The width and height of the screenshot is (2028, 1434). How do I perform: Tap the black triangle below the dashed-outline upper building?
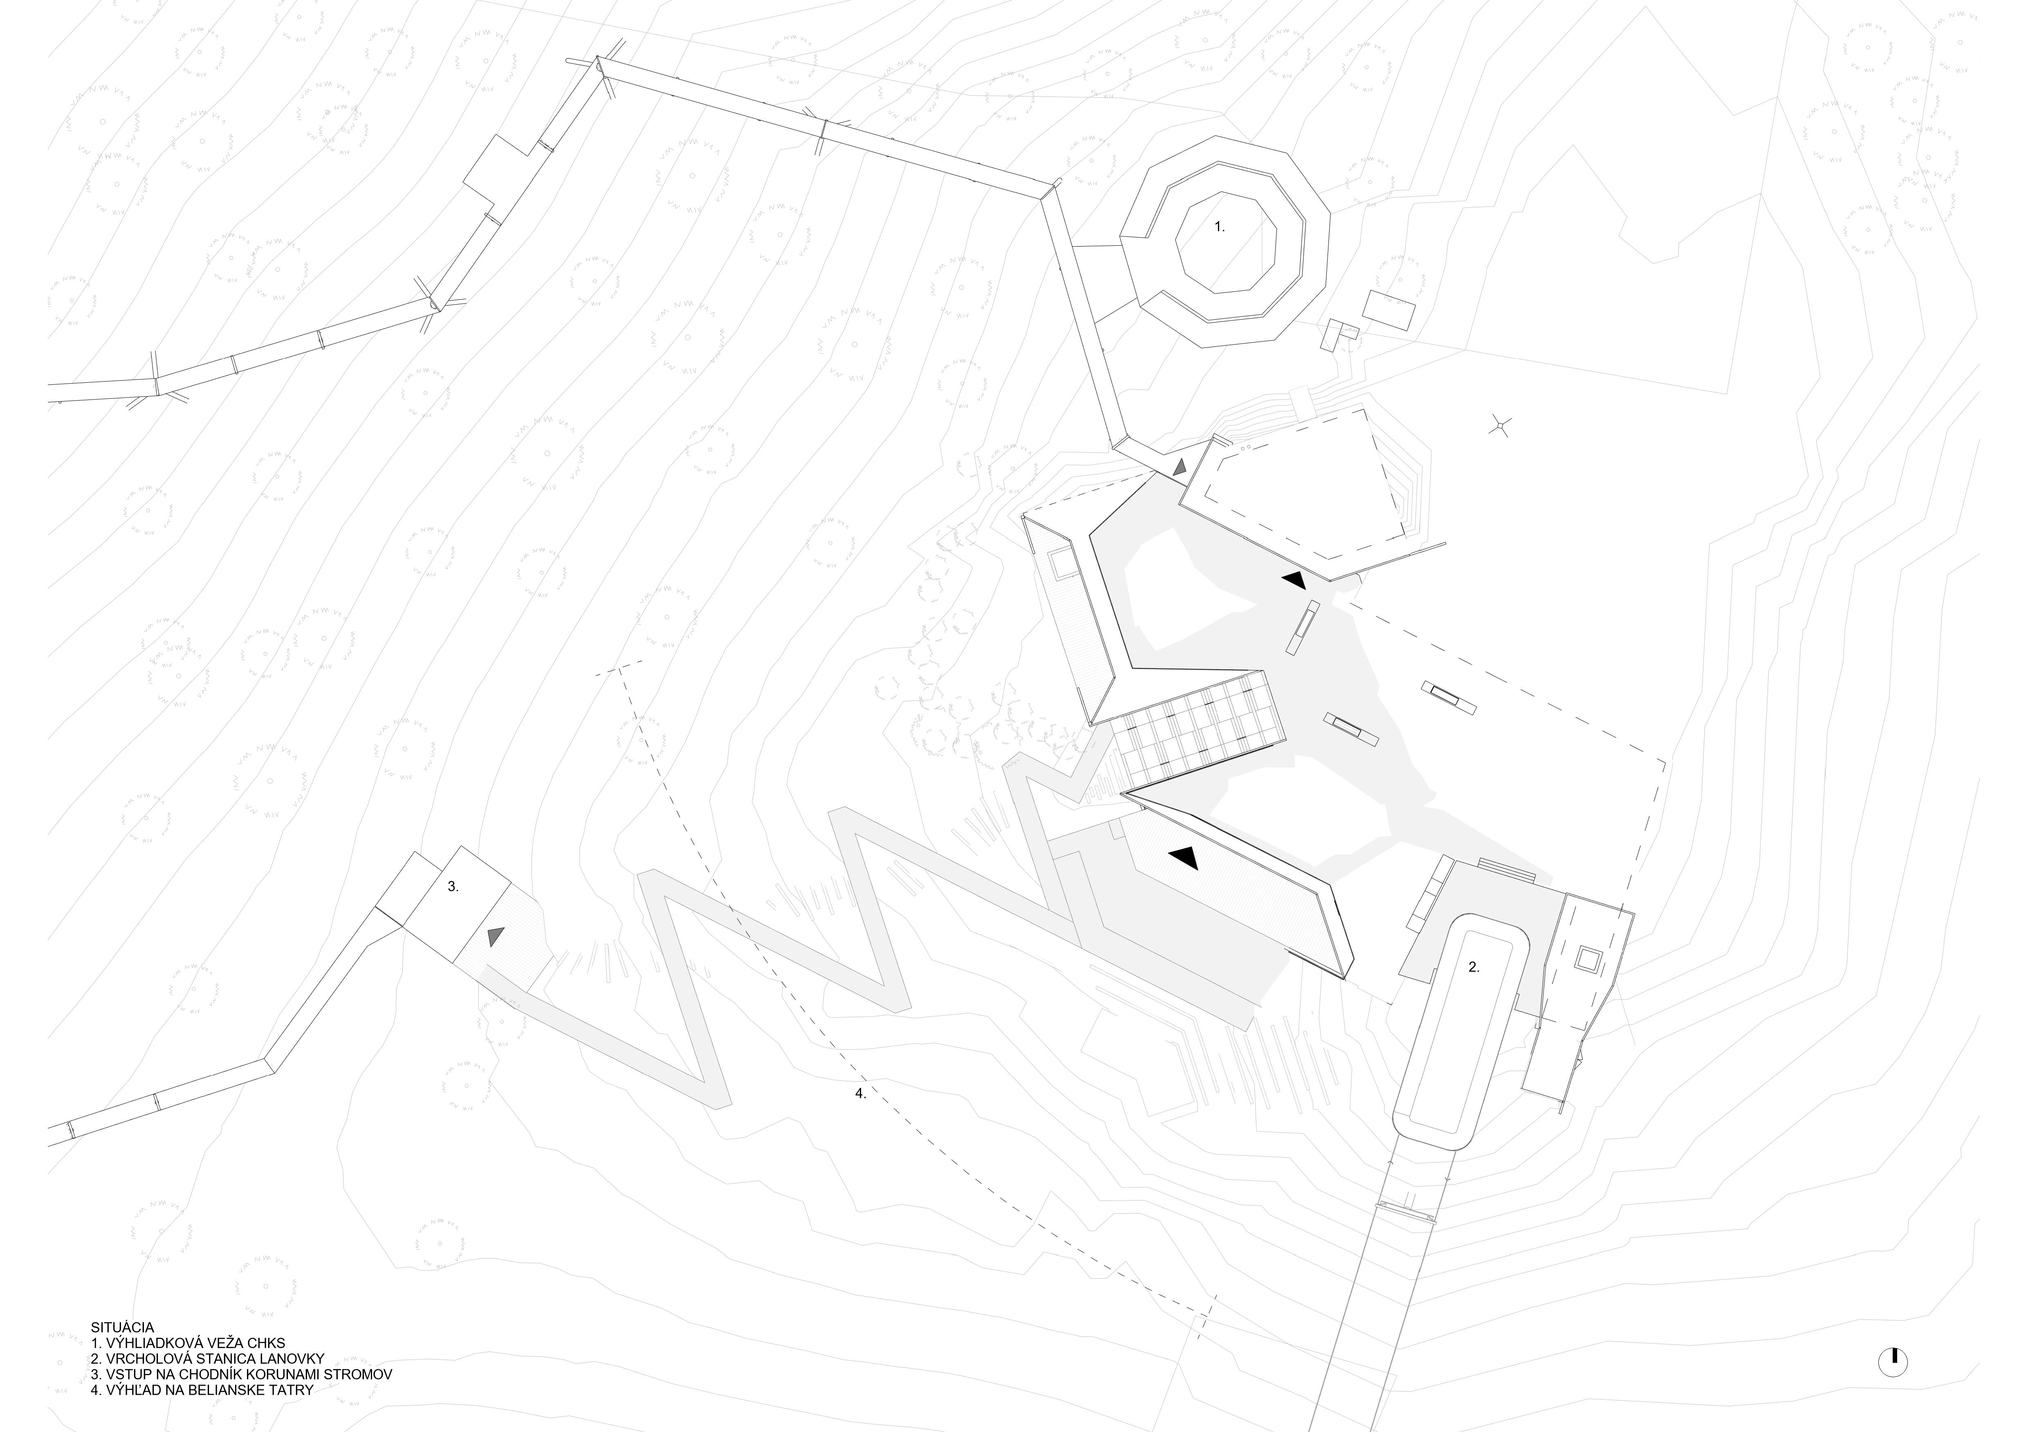tap(1294, 579)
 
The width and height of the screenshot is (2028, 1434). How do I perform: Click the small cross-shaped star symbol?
tap(1500, 426)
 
